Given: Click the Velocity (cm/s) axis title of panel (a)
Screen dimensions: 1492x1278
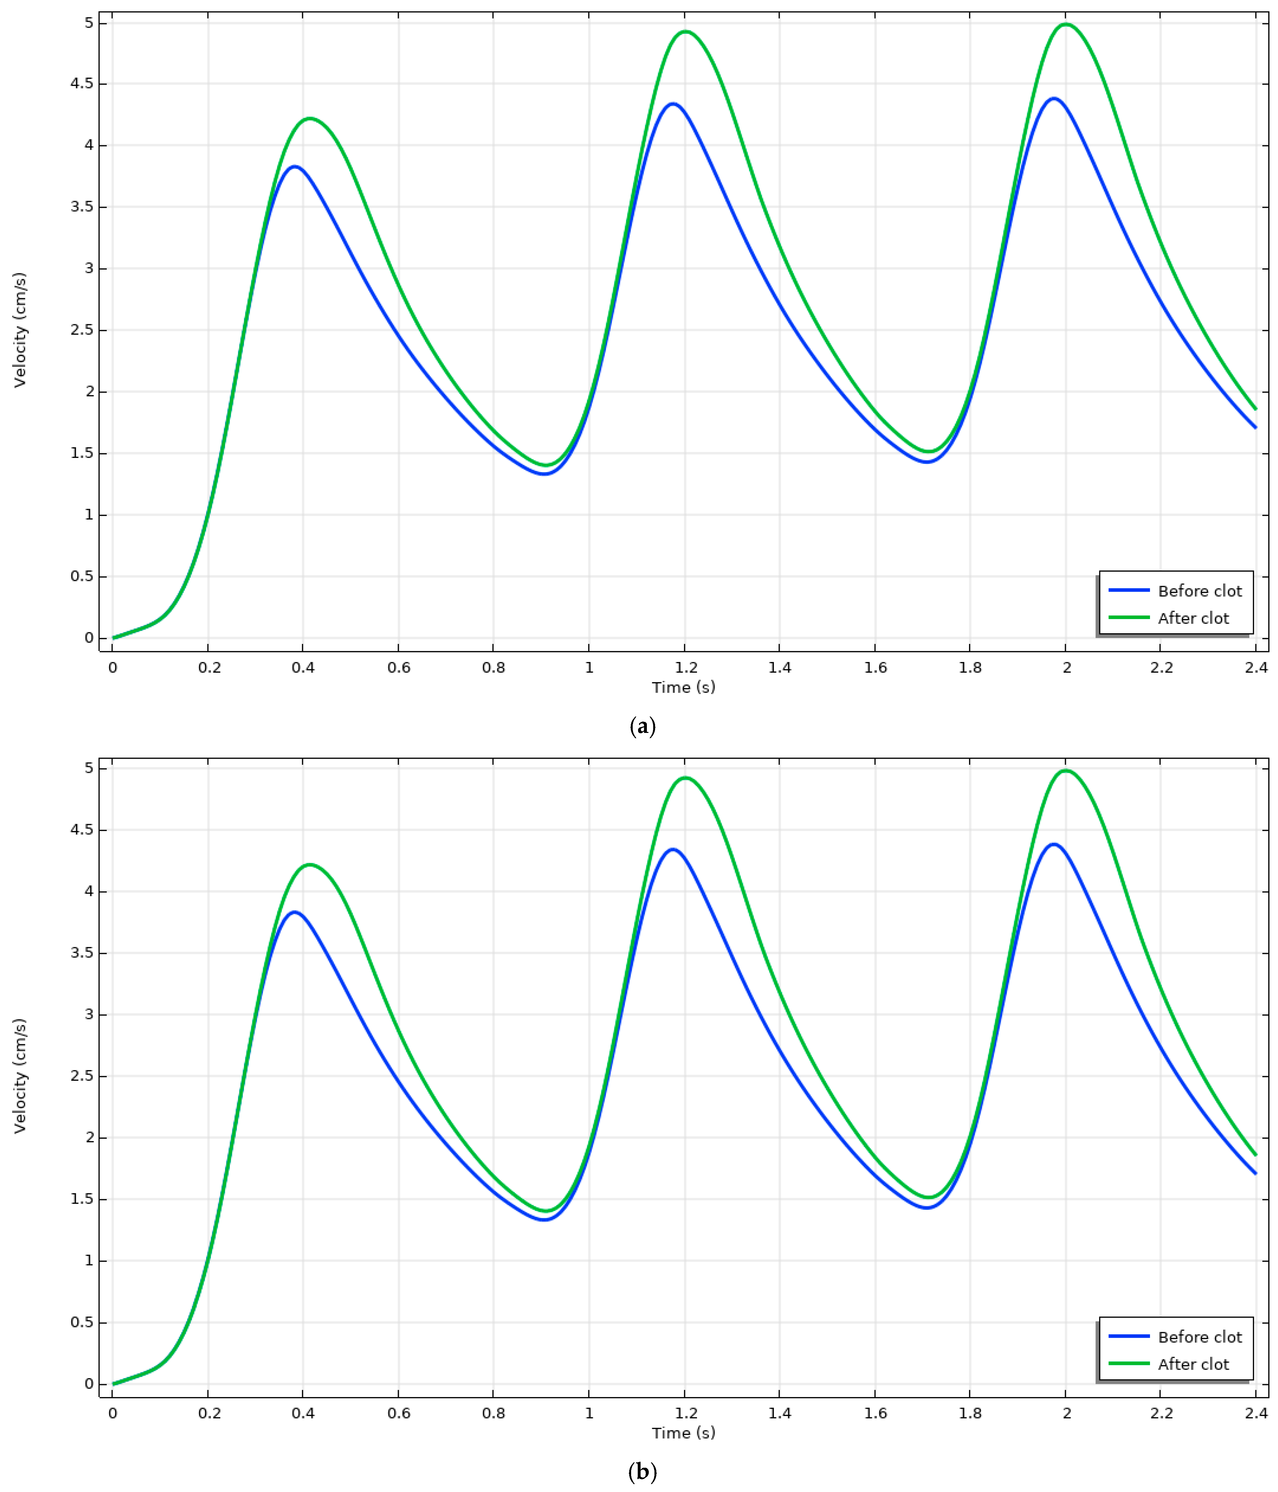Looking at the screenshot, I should (x=20, y=330).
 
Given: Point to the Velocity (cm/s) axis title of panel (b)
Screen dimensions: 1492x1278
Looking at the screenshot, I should (x=20, y=1076).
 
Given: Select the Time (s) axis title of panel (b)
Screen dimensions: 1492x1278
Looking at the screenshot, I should (x=683, y=1433).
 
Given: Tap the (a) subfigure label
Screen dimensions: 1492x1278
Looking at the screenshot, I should (x=642, y=727).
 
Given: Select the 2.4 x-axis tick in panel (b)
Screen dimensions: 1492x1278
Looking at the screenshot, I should (x=1256, y=1413).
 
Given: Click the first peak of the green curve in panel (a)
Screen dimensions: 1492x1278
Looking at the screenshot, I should (x=310, y=118).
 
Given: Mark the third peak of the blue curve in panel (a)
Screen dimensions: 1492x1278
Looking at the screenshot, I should (x=1053, y=99).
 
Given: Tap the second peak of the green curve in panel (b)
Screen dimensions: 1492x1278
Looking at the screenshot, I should (x=685, y=778).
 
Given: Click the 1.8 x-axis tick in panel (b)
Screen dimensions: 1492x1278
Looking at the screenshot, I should (x=970, y=1413).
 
